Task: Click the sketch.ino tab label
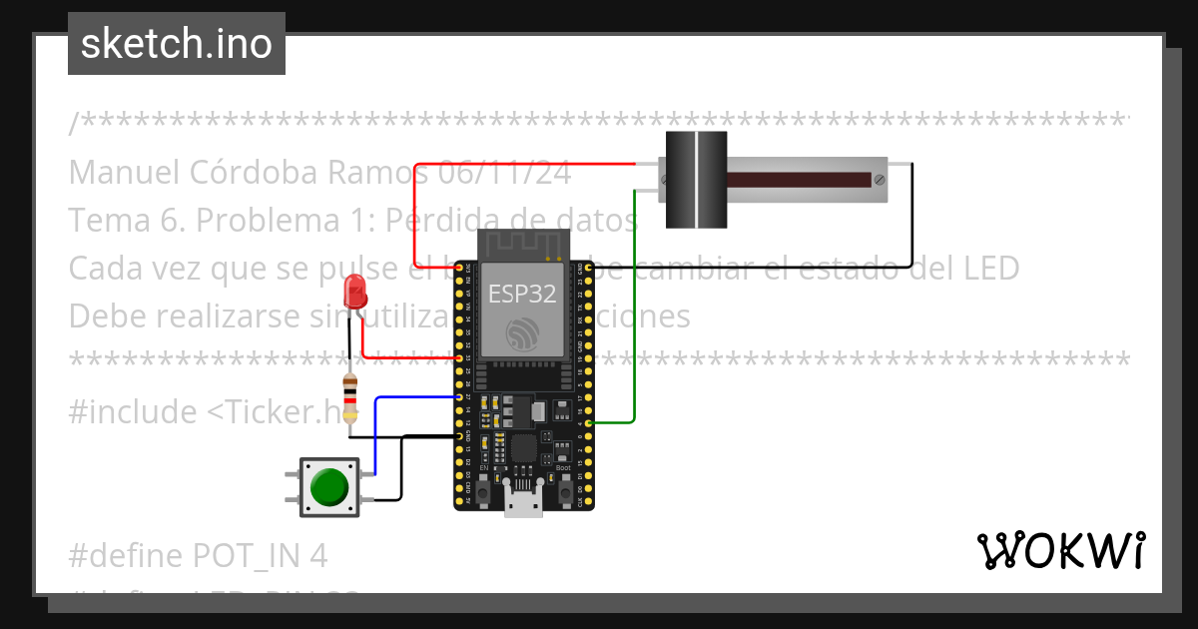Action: click(x=176, y=44)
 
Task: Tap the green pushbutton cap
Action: click(x=329, y=487)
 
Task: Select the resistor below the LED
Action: click(x=349, y=397)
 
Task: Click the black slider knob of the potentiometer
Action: click(x=696, y=180)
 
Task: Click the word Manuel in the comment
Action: click(x=126, y=173)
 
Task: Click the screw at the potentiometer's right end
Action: click(x=879, y=181)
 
